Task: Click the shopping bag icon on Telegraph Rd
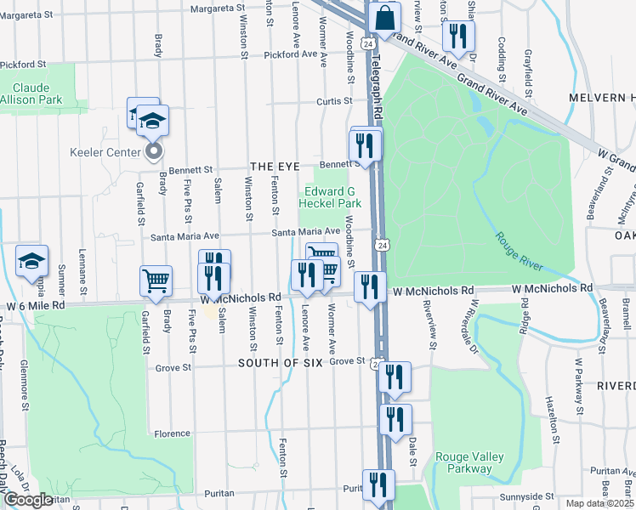tap(384, 18)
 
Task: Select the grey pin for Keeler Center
tap(154, 152)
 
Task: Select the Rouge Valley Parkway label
tap(463, 462)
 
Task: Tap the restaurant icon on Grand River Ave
tap(458, 36)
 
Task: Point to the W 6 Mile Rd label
tap(36, 305)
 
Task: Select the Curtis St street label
tap(334, 101)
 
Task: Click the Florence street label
tap(173, 433)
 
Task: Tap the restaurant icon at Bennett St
tap(366, 144)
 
